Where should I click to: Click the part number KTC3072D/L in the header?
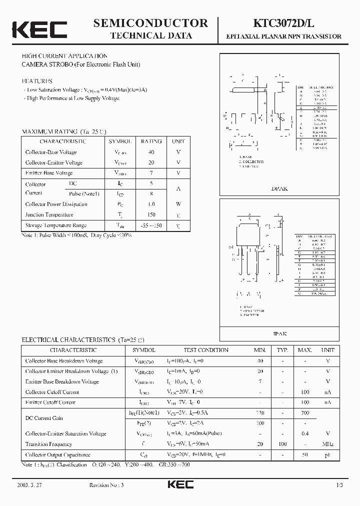283,23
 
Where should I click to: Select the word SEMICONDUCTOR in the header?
150,23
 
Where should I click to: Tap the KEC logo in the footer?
180,485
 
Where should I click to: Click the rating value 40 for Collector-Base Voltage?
151,152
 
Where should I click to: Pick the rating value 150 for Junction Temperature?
151,214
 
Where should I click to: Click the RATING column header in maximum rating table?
151,141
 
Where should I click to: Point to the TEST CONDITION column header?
205,350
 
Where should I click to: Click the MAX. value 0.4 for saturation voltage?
305,433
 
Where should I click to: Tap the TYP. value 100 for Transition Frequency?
282,444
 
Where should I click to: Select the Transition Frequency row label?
48,444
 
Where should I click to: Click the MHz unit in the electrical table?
328,444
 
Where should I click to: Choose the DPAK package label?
279,189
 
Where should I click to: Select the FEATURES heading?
37,81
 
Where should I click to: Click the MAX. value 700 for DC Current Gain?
305,413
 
